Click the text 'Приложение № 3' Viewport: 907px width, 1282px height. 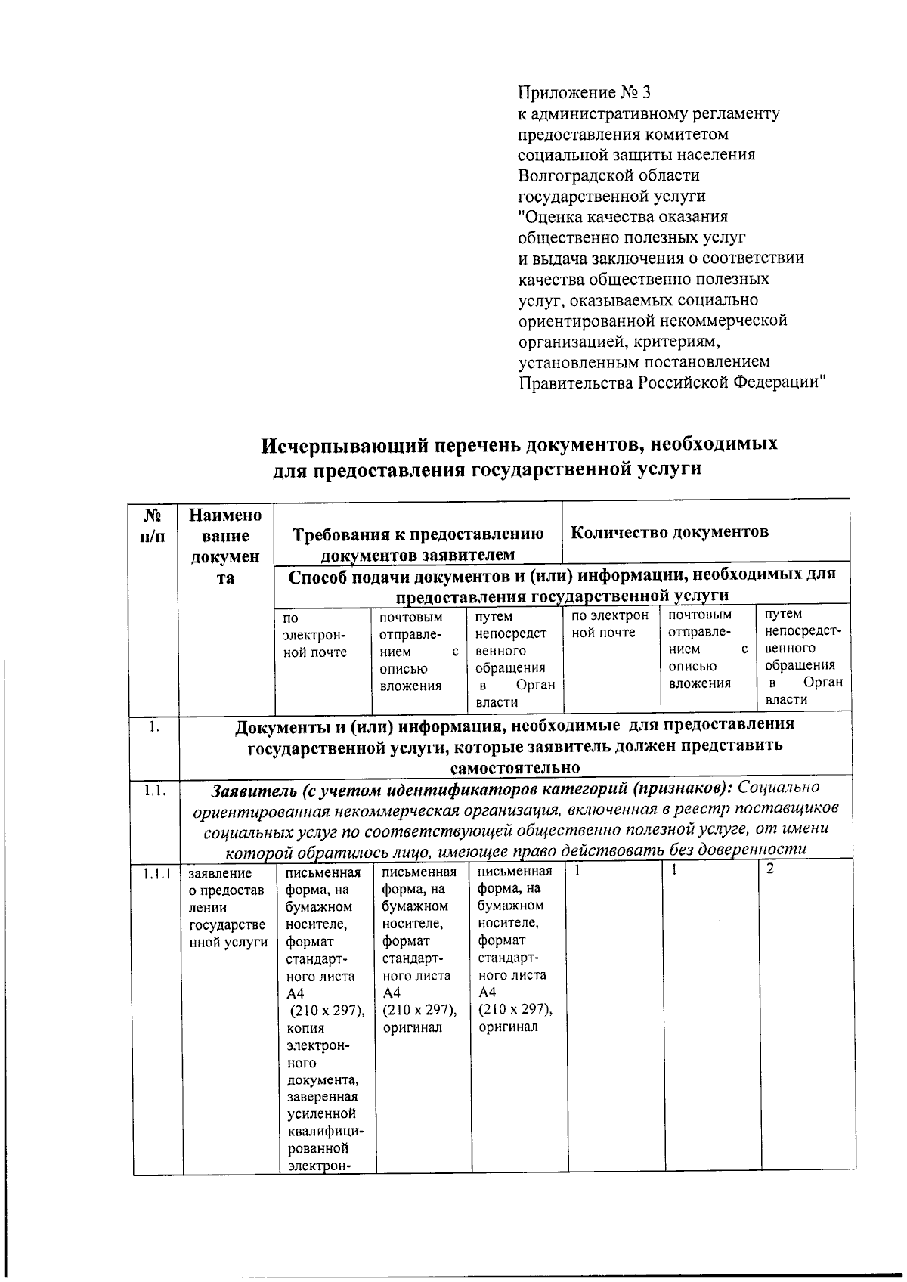tap(584, 93)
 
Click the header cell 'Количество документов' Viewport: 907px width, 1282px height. tap(669, 531)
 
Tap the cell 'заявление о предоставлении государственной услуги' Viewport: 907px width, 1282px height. tap(227, 907)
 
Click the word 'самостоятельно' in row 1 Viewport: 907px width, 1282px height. tap(515, 767)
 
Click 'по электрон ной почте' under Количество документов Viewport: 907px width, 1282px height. tap(610, 624)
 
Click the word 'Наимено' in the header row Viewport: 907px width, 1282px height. tap(225, 516)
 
